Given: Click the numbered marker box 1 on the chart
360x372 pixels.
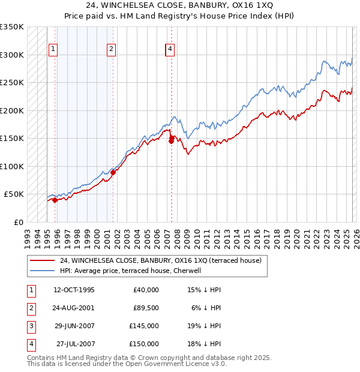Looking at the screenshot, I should (x=53, y=50).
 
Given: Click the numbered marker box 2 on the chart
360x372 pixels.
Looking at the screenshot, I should (x=111, y=50).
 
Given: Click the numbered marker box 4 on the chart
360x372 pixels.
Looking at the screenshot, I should (x=170, y=50).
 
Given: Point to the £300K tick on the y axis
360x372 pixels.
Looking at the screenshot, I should (x=12, y=55).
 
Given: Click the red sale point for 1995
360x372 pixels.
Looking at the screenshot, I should (x=55, y=200).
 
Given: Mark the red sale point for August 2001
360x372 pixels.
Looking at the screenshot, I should (x=113, y=172).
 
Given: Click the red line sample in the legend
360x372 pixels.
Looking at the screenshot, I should (x=42, y=261).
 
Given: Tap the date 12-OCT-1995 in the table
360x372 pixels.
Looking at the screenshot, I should (x=74, y=290).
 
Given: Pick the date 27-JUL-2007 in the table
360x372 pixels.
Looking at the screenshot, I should (x=76, y=344).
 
